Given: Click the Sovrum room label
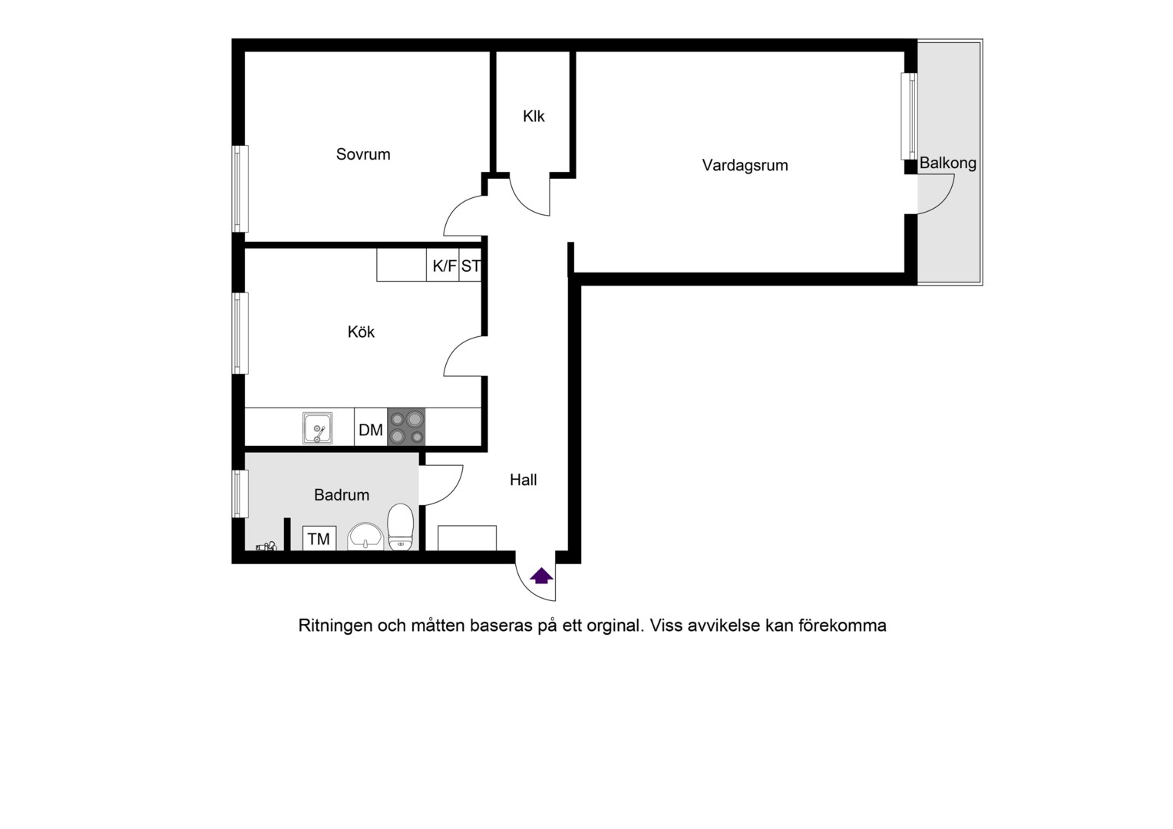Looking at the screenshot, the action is (363, 154).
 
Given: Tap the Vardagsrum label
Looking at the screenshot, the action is (745, 166).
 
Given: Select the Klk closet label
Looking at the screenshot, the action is (534, 116).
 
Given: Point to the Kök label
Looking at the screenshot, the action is (361, 332).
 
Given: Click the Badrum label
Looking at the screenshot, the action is (342, 495).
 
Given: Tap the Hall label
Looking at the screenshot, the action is (523, 480).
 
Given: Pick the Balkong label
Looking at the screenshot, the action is (948, 163).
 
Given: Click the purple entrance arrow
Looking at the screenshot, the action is (541, 576).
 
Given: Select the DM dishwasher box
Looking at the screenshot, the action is (371, 428).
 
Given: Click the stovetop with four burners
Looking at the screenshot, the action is (406, 428).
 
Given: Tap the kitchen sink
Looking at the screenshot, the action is (317, 428).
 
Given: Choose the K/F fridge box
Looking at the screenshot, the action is (443, 265).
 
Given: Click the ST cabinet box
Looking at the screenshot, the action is (471, 265).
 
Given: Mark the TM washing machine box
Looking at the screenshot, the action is (319, 538).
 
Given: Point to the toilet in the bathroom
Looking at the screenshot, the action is (401, 527).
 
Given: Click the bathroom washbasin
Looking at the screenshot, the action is (365, 537).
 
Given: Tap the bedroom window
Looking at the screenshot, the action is (240, 189).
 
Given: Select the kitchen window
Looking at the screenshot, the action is (240, 333).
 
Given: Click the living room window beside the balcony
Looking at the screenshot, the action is (909, 116).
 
